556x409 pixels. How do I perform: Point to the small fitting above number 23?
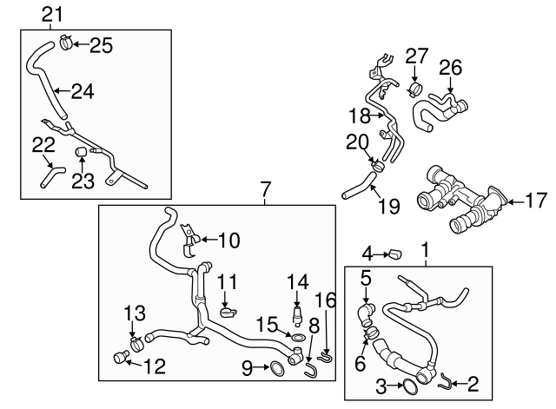(82, 153)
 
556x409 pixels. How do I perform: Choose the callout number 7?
(266, 188)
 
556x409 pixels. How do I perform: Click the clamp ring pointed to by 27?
(415, 88)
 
